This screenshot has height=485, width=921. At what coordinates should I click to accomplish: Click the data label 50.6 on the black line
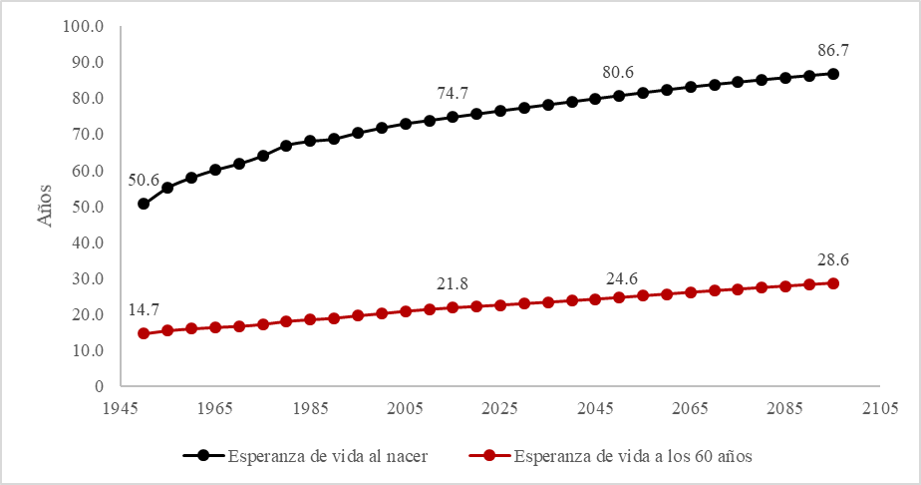(144, 181)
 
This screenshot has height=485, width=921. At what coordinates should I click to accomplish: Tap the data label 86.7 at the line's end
(832, 50)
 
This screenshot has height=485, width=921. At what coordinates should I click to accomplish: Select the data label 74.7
(453, 93)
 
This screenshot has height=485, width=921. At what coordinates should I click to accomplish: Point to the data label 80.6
(618, 72)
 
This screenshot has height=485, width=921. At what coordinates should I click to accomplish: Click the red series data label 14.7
(144, 310)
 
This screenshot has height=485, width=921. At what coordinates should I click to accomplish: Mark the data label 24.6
(618, 278)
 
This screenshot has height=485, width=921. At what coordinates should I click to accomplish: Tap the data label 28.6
(832, 260)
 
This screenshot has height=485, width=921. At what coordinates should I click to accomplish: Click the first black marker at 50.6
(144, 204)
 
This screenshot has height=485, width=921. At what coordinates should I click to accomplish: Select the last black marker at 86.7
(832, 74)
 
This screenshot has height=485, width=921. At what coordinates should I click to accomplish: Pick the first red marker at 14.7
(144, 333)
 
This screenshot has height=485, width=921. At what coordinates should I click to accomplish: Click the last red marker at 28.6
(832, 283)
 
